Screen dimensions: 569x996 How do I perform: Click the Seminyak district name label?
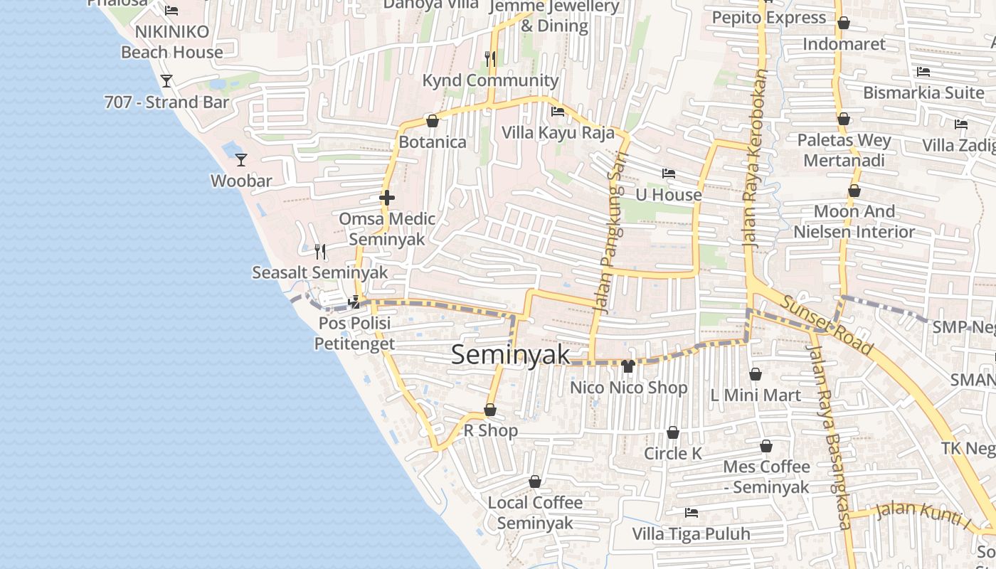coord(511,354)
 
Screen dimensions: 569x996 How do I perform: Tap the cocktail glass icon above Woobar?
coord(241,160)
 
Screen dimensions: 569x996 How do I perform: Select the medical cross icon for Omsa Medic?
coord(387,198)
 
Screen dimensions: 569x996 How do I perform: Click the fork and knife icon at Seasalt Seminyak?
coord(320,251)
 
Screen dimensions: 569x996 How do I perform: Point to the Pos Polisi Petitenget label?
coord(354,334)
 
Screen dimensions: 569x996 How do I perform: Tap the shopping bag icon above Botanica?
coord(432,121)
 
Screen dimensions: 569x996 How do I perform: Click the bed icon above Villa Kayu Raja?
coord(558,112)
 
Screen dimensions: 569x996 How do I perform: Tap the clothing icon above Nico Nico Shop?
coord(627,366)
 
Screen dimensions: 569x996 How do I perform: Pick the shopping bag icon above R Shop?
coord(490,410)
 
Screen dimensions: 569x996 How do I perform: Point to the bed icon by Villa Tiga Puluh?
coord(691,512)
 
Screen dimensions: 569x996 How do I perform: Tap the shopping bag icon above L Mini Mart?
coord(756,374)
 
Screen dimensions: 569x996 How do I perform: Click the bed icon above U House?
coord(668,174)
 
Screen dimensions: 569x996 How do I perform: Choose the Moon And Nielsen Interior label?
coord(854,221)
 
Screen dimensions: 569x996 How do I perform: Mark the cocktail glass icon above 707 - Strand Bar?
coord(166,81)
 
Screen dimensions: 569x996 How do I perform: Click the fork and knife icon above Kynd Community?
coord(489,59)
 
